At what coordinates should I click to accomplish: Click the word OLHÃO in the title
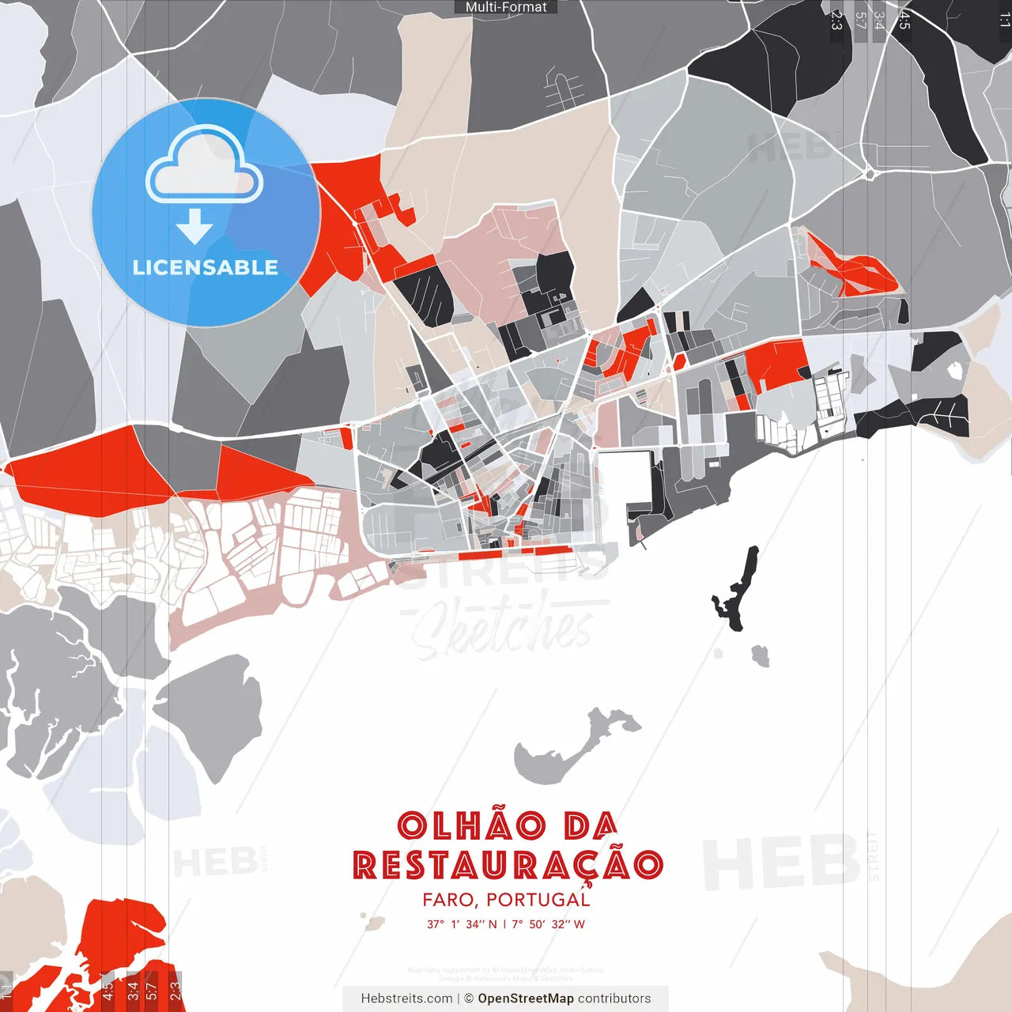coord(472,826)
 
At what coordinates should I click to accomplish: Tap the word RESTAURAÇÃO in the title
coord(508,865)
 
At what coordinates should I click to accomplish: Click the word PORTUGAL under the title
coord(538,900)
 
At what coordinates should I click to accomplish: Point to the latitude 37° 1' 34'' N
coord(462,924)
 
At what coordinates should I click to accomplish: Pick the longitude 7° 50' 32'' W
coord(549,924)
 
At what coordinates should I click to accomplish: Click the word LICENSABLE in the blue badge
coord(206,267)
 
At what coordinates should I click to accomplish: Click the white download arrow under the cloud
coord(194,226)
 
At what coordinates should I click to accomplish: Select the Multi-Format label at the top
coord(506,7)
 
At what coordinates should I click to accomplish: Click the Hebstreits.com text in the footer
coord(406,999)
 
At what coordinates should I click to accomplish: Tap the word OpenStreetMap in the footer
coord(526,999)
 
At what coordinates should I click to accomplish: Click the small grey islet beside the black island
coord(761,655)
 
